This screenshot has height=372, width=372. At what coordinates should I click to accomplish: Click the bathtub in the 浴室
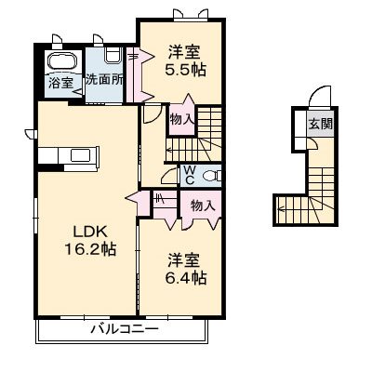pyautogui.click(x=63, y=60)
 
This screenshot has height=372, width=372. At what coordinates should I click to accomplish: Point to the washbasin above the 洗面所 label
pyautogui.click(x=112, y=55)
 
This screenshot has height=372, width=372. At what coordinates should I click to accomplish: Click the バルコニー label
pyautogui.click(x=124, y=327)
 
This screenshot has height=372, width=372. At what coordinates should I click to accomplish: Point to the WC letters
pyautogui.click(x=189, y=174)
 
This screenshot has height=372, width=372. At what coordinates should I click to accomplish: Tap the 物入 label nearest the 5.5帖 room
pyautogui.click(x=181, y=118)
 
